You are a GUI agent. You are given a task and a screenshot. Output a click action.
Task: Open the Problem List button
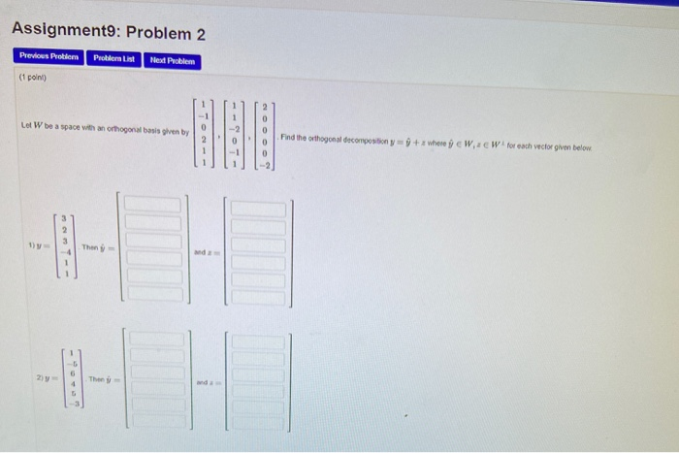[115, 60]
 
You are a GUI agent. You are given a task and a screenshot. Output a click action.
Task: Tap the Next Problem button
[173, 61]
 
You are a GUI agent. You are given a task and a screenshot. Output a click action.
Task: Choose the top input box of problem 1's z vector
[257, 209]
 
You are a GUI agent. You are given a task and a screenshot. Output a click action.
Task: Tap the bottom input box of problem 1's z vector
[257, 297]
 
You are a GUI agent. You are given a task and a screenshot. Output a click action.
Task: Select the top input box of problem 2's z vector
[257, 342]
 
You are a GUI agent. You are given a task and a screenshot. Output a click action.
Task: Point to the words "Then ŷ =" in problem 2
[103, 378]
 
